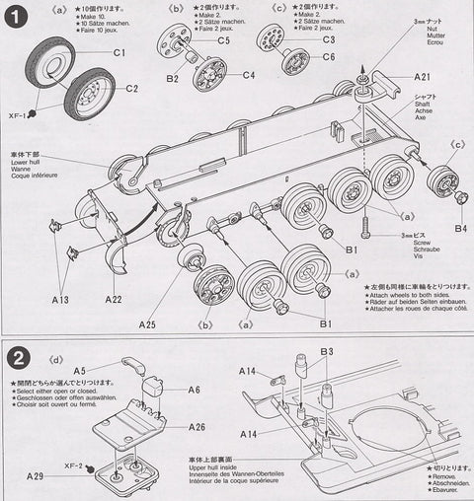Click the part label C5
point(223,40)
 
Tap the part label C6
point(329,56)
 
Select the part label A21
point(422,76)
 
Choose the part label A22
point(112,300)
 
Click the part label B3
point(326,352)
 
